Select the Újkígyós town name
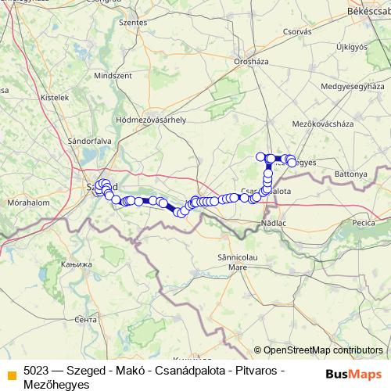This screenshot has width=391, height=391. (351, 47)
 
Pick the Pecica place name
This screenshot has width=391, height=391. (364, 223)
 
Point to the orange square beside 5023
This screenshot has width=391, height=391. (12, 374)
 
